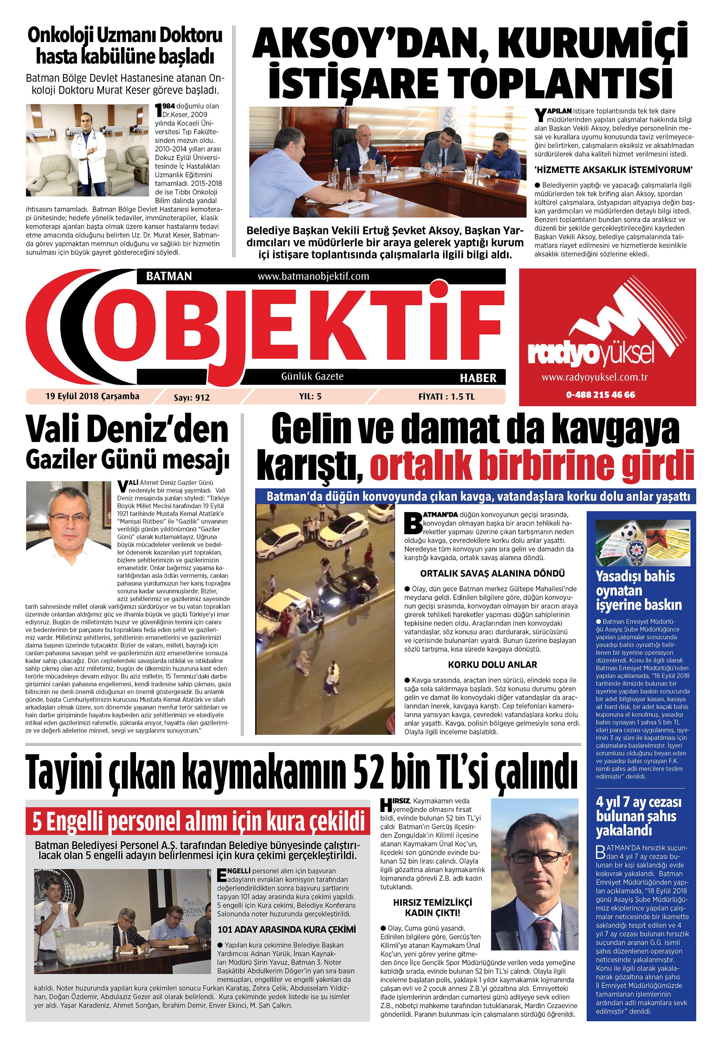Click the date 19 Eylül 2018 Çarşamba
(92, 396)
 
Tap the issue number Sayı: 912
(192, 398)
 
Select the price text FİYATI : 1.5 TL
(446, 396)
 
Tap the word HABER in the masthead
(478, 378)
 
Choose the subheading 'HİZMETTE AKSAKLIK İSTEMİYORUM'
(614, 170)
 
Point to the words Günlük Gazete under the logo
(312, 376)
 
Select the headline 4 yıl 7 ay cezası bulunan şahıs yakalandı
(638, 816)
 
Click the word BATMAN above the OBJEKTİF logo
(169, 276)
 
